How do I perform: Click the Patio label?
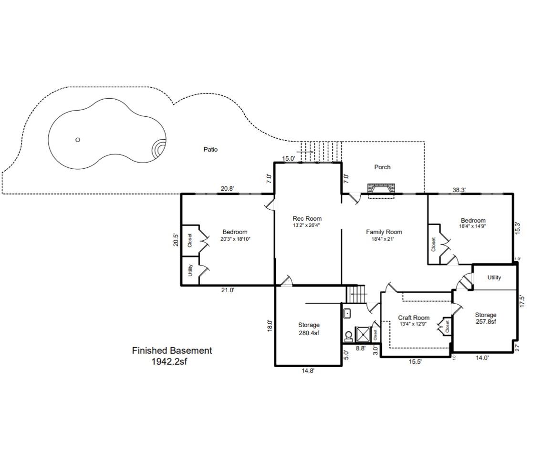pyautogui.click(x=210, y=150)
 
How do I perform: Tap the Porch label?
pyautogui.click(x=382, y=167)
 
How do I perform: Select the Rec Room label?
pyautogui.click(x=307, y=219)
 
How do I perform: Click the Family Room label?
pyautogui.click(x=384, y=232)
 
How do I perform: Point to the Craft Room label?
pyautogui.click(x=414, y=318)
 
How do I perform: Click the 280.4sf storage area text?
pyautogui.click(x=309, y=333)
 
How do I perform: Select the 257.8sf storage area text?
pyautogui.click(x=485, y=322)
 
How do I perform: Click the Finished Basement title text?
pyautogui.click(x=172, y=350)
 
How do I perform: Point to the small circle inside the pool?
pyautogui.click(x=78, y=140)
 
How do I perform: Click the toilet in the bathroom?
pyautogui.click(x=348, y=336)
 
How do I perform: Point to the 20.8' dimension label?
pyautogui.click(x=227, y=189)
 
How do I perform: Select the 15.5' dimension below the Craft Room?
pyautogui.click(x=415, y=362)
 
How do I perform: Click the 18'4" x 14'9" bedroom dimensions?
pyautogui.click(x=472, y=226)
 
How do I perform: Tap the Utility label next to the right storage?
pyautogui.click(x=494, y=277)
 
